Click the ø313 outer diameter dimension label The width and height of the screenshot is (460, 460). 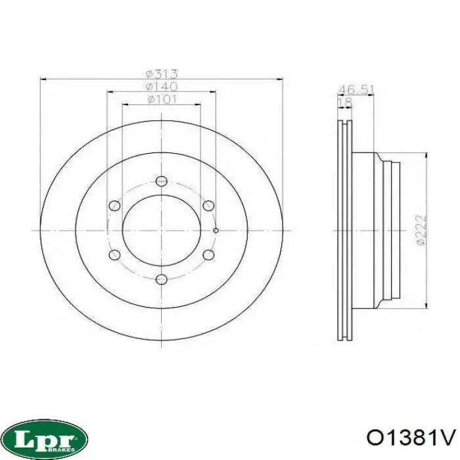(x=162, y=74)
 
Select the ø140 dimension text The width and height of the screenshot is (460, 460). (x=162, y=87)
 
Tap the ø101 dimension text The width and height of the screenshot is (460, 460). (x=162, y=99)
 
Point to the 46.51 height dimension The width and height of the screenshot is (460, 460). (x=356, y=90)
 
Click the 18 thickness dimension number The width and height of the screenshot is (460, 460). (x=345, y=103)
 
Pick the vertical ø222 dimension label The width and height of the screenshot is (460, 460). (x=421, y=230)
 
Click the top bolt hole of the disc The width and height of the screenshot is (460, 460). (x=162, y=181)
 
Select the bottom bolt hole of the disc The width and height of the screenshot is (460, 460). (x=162, y=279)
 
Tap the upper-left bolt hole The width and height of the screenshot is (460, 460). (x=114, y=205)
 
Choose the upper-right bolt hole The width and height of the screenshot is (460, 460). (x=208, y=205)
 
